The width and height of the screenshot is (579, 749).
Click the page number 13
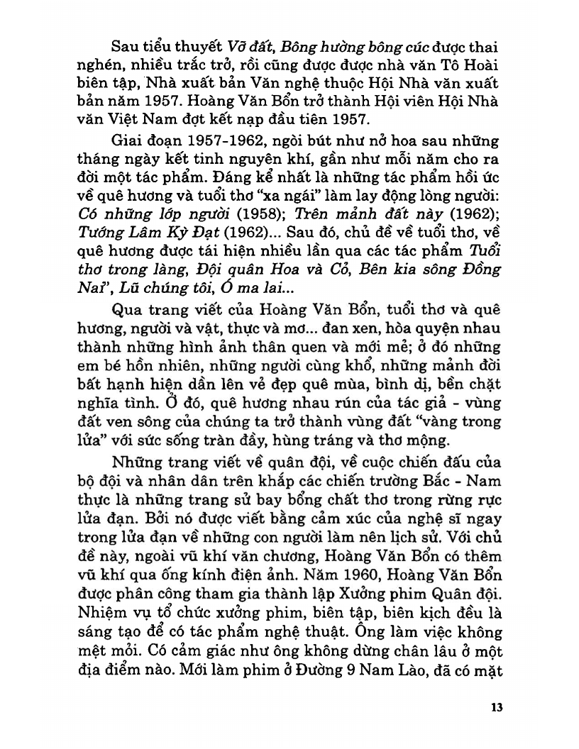click(x=496, y=707)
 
